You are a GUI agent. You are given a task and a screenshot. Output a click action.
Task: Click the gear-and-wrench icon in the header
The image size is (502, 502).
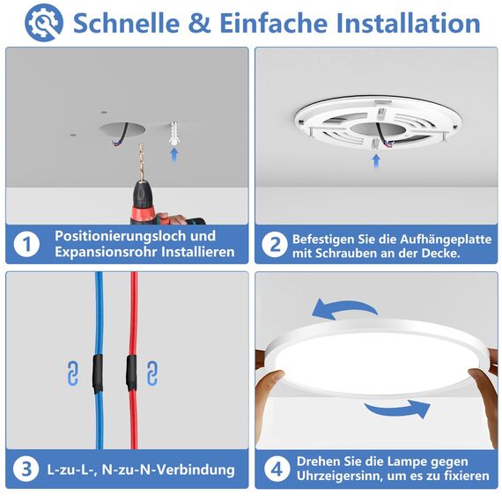44,24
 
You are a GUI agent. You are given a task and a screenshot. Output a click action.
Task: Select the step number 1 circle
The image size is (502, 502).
27,244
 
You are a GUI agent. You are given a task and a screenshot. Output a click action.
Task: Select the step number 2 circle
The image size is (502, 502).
275,244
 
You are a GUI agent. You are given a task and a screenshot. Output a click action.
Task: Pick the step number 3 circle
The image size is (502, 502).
27,469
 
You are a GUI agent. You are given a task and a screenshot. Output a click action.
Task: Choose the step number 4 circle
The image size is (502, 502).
275,469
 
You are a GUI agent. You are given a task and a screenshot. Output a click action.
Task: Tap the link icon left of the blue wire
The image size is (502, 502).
72,373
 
